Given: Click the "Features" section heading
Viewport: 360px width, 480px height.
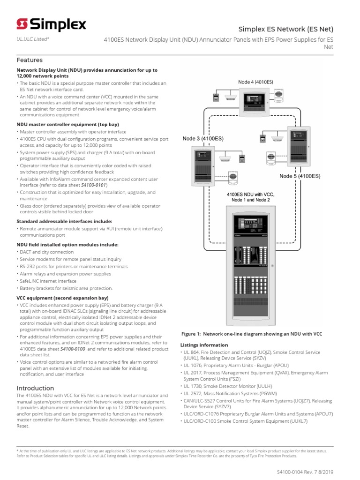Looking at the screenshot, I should tap(30, 60).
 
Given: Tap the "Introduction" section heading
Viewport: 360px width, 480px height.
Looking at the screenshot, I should tap(35, 388).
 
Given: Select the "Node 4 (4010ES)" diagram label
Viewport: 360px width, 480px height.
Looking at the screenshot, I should tap(255, 82).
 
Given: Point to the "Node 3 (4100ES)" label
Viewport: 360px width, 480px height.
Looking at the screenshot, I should tap(203, 139).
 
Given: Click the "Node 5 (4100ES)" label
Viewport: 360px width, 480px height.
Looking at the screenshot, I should tap(300, 176).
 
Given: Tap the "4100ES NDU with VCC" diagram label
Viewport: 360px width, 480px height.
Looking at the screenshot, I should tap(250, 194).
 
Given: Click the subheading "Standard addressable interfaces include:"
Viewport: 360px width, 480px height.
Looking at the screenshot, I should tap(64, 221).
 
